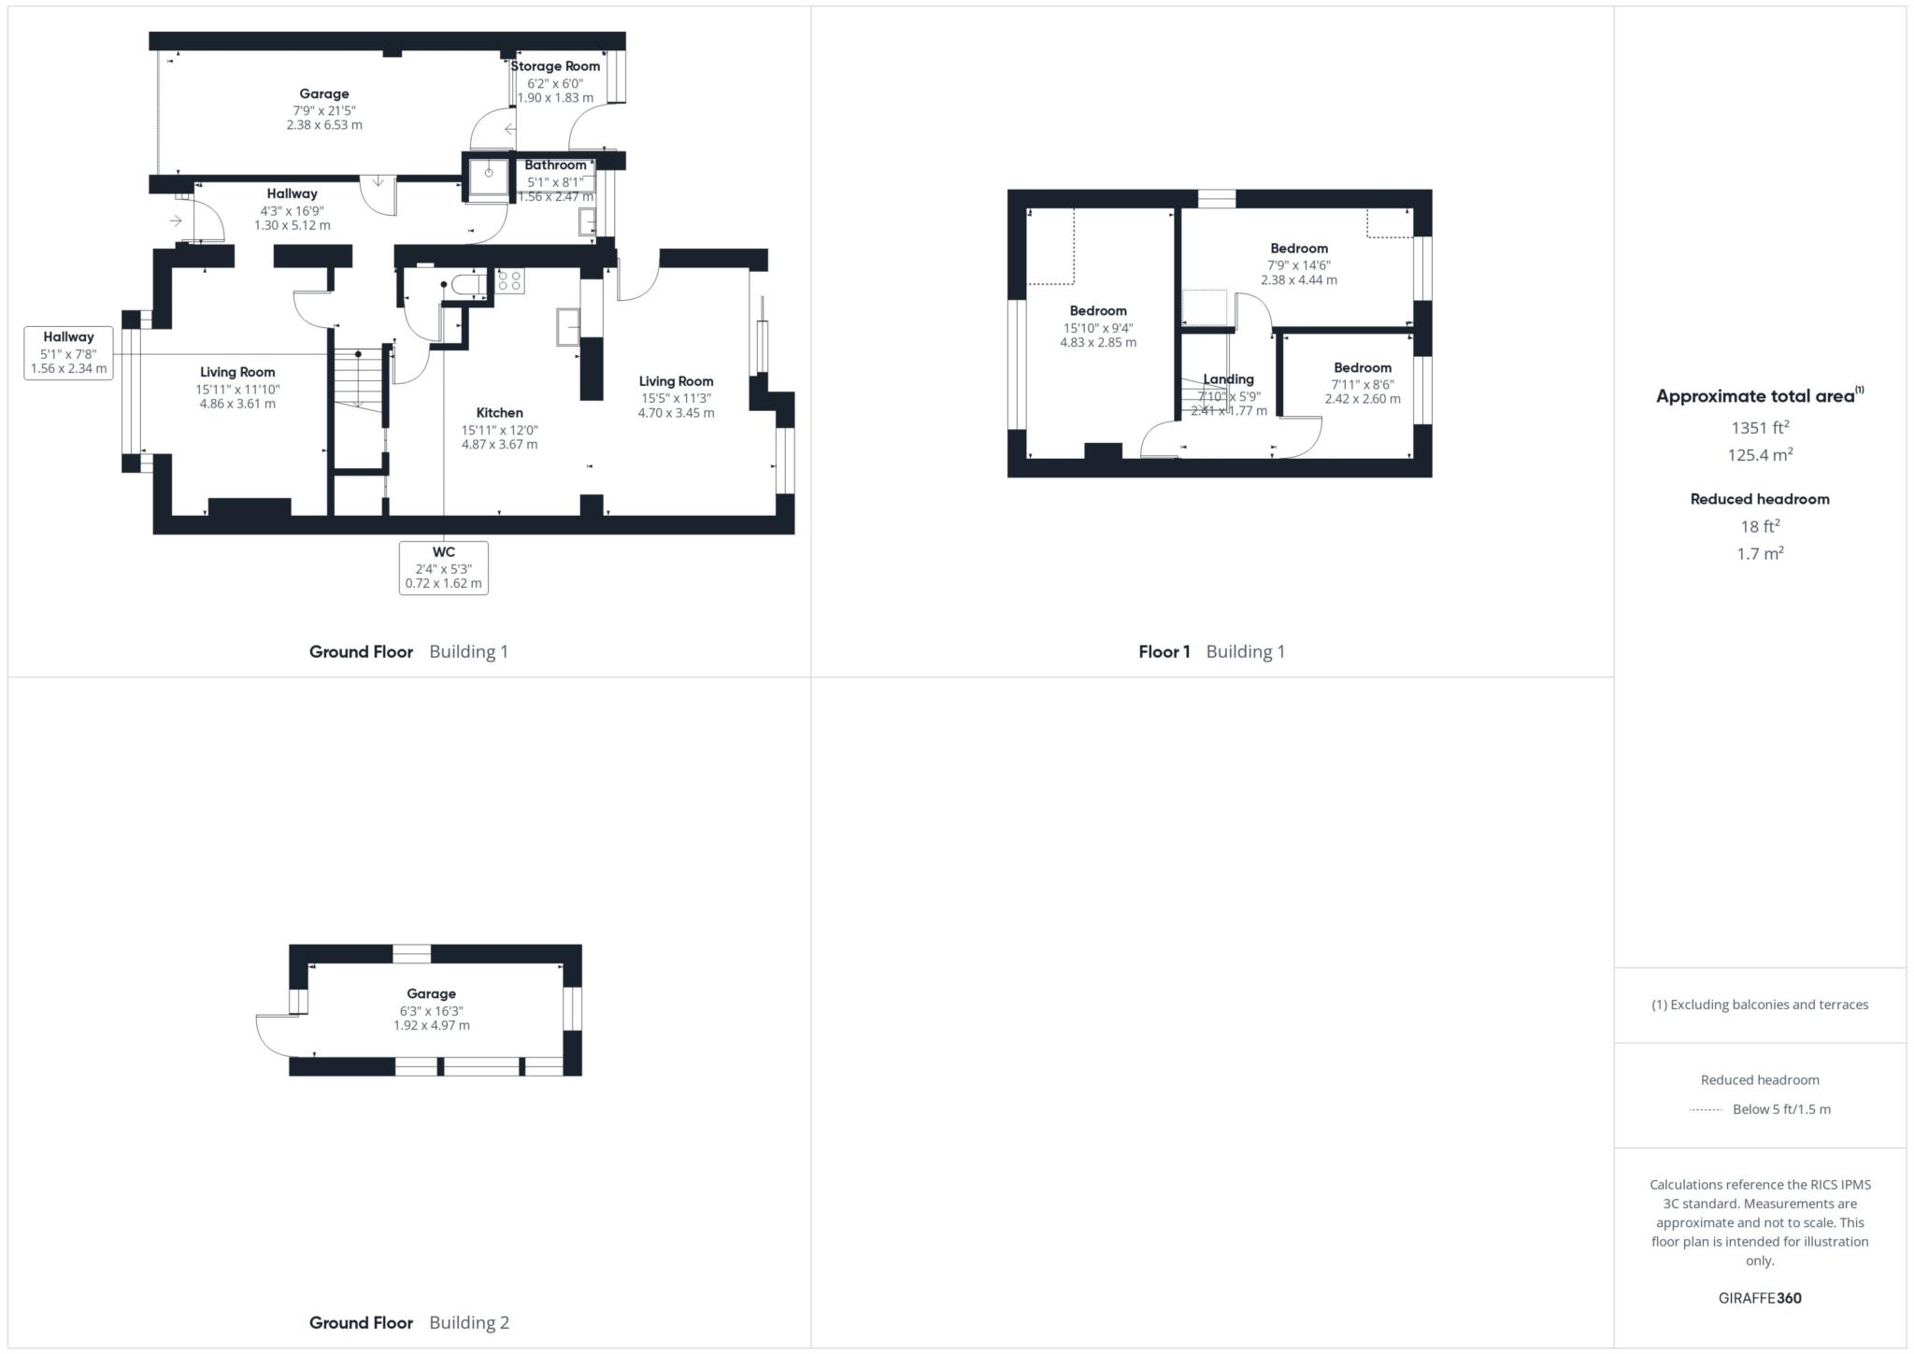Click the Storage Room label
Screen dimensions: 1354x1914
pos(555,66)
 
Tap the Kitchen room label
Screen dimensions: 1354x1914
pos(499,413)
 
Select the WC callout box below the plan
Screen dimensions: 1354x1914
pos(443,567)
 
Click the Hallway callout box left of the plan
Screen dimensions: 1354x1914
pos(68,352)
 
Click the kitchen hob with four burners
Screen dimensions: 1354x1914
pos(510,281)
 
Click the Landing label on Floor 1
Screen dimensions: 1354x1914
pos(1228,379)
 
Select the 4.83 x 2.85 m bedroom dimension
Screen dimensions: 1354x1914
pos(1098,343)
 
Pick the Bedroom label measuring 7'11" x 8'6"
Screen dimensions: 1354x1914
pos(1362,368)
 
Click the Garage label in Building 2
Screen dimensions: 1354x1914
pos(431,994)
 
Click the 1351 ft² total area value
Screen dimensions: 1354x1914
pos(1760,428)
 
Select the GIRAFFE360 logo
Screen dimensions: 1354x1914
pos(1759,1298)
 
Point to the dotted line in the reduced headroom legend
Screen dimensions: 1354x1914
pos(1706,1110)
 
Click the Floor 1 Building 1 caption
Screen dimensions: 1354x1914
pos(1211,652)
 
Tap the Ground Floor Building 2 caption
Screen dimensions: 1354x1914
pos(408,1322)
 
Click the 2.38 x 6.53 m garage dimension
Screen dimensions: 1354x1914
pos(324,124)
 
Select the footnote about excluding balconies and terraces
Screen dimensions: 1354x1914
pos(1759,1005)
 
